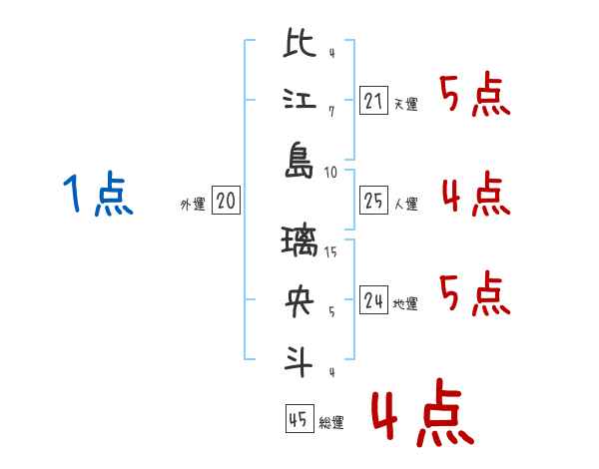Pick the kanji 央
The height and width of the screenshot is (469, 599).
(300, 302)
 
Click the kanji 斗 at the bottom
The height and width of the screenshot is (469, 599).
(300, 360)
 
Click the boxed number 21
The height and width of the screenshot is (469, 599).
(373, 101)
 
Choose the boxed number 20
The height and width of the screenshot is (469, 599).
(226, 203)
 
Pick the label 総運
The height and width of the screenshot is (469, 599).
(331, 423)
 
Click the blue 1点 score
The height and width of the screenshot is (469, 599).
(98, 195)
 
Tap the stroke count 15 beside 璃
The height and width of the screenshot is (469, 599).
(331, 250)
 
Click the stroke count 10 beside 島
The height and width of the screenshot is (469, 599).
(331, 173)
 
